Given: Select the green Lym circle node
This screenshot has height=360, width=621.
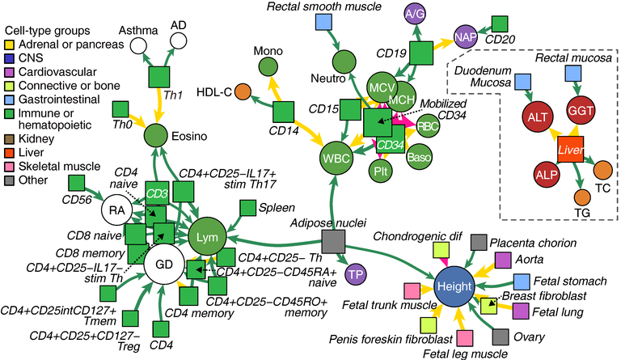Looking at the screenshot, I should [x=205, y=236].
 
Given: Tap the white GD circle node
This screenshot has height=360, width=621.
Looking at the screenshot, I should [x=163, y=264].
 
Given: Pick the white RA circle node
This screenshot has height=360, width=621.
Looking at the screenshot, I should [x=116, y=211].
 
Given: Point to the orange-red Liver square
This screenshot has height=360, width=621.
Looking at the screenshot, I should [x=569, y=150].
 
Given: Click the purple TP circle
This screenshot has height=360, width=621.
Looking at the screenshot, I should [x=354, y=274].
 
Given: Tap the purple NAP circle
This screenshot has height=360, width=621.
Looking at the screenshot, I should [x=465, y=37].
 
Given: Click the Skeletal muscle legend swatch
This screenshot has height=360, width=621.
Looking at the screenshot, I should [x=9, y=141].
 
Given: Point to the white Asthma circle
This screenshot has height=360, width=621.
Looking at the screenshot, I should [x=138, y=46].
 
